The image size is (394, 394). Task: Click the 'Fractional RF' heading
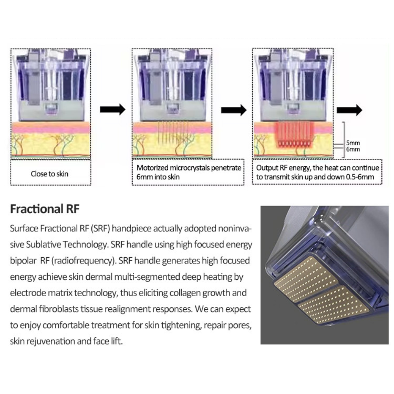[45, 209]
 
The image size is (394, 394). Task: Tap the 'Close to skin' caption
[50, 174]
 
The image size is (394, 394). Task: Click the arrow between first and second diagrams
[113, 110]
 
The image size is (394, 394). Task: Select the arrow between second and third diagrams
[234, 110]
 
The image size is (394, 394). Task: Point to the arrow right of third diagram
[349, 110]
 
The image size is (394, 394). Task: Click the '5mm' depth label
[353, 143]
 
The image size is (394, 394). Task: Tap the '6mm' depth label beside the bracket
[353, 149]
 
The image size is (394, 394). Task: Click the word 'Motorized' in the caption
[152, 167]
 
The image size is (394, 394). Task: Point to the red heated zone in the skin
[294, 134]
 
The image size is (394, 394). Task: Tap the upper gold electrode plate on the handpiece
[307, 278]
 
